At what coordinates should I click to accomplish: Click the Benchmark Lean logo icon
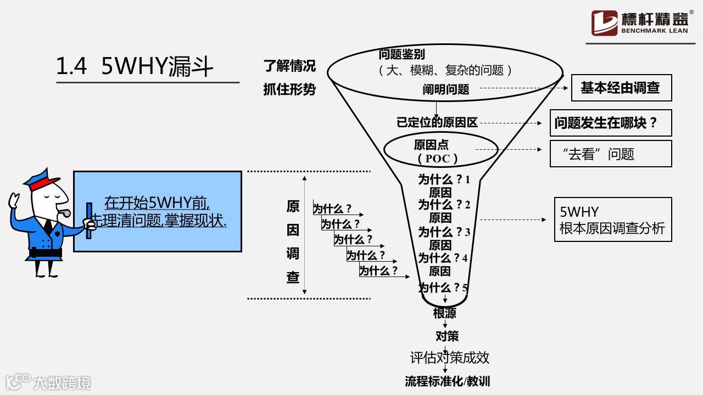tap(604, 23)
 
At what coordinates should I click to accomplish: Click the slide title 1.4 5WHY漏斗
tap(135, 66)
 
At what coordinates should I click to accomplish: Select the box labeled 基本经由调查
tap(621, 88)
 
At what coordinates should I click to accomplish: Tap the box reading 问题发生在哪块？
tap(610, 122)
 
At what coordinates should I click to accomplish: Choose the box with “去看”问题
tap(610, 154)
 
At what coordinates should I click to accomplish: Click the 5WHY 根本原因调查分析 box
tap(612, 219)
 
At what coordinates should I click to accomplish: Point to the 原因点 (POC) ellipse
tap(431, 151)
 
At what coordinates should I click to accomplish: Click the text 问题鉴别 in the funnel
tap(402, 54)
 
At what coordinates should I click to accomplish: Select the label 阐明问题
tap(446, 89)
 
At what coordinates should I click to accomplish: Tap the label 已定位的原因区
tap(437, 122)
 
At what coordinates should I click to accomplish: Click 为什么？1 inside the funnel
tap(444, 179)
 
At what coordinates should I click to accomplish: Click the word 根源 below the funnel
tap(445, 313)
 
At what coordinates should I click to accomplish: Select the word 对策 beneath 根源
tap(447, 336)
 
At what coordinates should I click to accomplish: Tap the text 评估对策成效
tap(449, 358)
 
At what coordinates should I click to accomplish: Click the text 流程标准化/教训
tap(447, 381)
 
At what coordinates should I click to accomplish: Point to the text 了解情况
tap(289, 66)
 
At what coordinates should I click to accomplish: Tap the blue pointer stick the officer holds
tap(89, 221)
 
